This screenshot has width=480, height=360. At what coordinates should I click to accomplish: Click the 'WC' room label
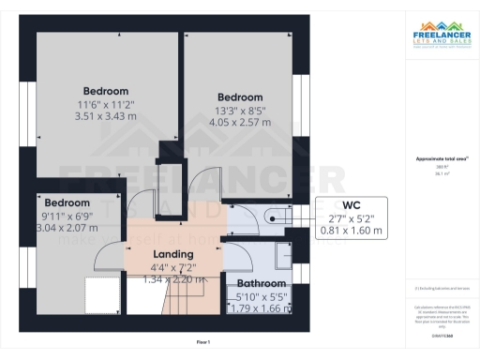click(x=352, y=204)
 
